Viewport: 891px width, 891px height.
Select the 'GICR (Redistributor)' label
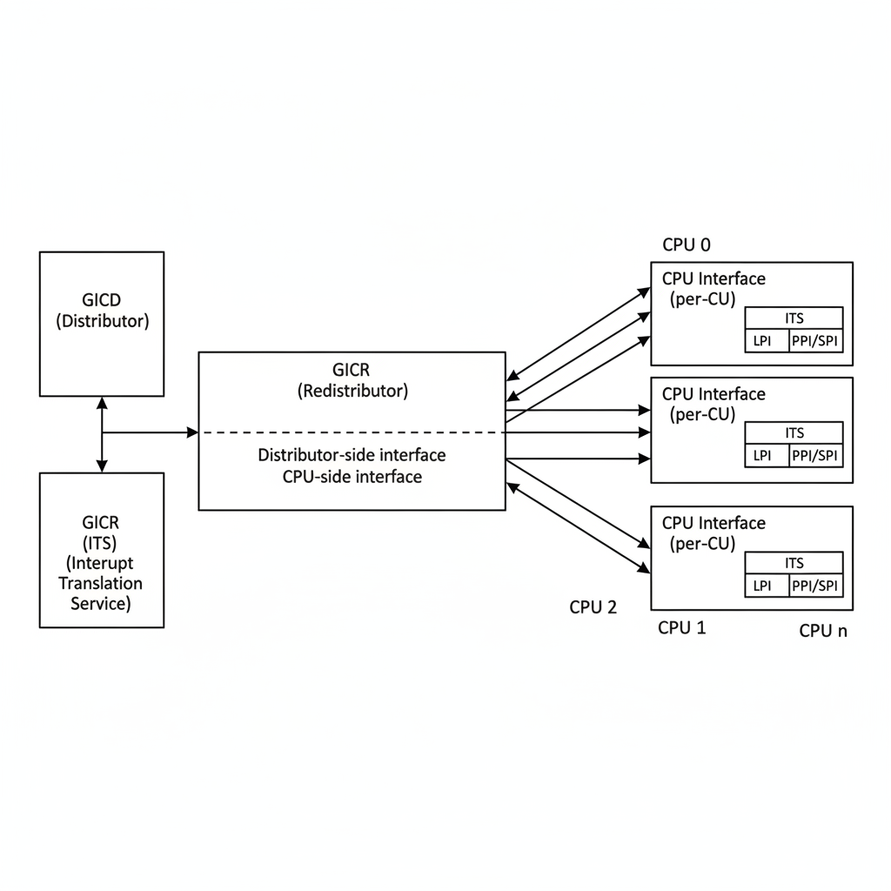pyautogui.click(x=352, y=380)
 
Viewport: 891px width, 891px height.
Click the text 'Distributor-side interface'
pyautogui.click(x=352, y=455)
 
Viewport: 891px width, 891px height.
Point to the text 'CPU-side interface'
pyautogui.click(x=352, y=477)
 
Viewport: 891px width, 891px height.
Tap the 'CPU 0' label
pyautogui.click(x=687, y=245)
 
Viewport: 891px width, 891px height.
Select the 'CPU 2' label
pyautogui.click(x=593, y=607)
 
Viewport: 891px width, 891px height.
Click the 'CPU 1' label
pyautogui.click(x=681, y=627)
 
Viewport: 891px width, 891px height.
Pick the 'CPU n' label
pyautogui.click(x=822, y=632)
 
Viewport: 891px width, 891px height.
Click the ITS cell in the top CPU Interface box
pyautogui.click(x=794, y=318)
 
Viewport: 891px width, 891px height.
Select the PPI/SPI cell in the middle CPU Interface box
pyautogui.click(x=816, y=455)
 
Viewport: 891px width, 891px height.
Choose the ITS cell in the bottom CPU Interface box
pyautogui.click(x=794, y=563)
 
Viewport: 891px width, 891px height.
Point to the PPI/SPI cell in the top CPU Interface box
pyautogui.click(x=816, y=341)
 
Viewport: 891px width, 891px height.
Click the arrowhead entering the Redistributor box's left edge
pyautogui.click(x=192, y=432)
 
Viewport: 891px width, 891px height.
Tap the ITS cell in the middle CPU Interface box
pyautogui.click(x=794, y=432)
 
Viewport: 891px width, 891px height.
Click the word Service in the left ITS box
pyautogui.click(x=101, y=603)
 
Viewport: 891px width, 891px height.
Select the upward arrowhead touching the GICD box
pyautogui.click(x=102, y=403)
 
